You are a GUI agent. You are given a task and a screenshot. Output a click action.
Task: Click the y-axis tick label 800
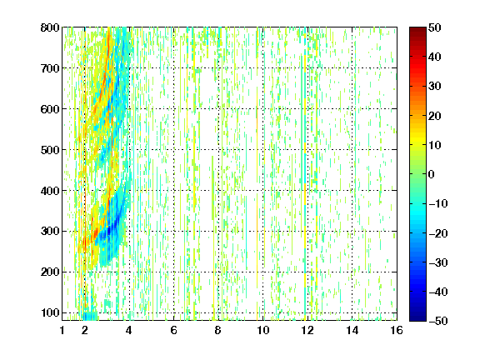click(x=50, y=27)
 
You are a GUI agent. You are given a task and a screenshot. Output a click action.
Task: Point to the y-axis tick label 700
click(x=50, y=68)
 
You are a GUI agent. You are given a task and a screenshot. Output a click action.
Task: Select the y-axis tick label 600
click(x=50, y=109)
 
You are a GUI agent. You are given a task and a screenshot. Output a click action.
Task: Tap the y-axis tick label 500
click(x=50, y=150)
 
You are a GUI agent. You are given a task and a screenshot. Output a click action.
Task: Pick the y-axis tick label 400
click(x=50, y=191)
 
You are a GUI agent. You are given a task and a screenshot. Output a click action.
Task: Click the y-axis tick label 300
click(x=50, y=232)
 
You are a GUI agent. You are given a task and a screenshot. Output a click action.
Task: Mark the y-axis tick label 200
click(x=50, y=272)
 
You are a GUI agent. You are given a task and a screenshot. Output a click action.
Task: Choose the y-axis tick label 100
click(x=50, y=312)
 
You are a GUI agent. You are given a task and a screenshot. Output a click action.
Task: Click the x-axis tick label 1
click(x=62, y=330)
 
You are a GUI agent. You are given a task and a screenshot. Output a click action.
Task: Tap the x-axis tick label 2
click(x=85, y=330)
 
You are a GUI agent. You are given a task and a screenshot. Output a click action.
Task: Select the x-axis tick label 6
click(x=174, y=330)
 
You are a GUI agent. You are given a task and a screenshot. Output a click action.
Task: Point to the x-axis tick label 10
click(x=263, y=330)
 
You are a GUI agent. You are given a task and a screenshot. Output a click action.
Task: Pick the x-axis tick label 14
click(x=352, y=330)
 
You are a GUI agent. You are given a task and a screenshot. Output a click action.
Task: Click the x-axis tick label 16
click(x=397, y=330)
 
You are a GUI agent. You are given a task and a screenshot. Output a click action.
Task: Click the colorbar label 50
click(x=435, y=27)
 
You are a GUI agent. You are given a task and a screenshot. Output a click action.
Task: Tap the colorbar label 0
click(x=432, y=174)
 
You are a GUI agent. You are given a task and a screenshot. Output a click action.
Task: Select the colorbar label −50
click(x=438, y=321)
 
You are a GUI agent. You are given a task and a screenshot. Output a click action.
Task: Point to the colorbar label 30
click(x=435, y=87)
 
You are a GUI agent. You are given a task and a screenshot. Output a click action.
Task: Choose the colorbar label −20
click(x=438, y=233)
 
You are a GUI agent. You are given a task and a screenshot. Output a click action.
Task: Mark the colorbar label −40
click(x=438, y=292)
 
